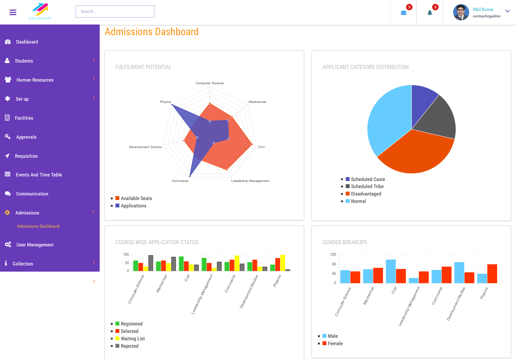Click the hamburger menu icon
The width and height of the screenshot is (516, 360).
point(13,12)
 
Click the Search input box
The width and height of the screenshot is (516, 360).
point(115,11)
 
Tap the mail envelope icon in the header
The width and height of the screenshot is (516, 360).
point(403,13)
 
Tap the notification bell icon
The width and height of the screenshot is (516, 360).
point(430,13)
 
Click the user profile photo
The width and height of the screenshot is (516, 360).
point(461,12)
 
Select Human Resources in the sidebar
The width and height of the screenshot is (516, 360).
point(35,80)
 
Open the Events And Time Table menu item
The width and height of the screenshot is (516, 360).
point(39,175)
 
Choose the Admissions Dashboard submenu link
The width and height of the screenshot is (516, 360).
point(38,226)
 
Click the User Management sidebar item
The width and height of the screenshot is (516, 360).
point(35,245)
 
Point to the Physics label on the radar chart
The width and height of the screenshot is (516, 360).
point(165,102)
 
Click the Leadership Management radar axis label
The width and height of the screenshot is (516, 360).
point(250,181)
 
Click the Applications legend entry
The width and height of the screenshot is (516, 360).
point(133,206)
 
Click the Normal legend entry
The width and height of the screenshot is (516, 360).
point(358,201)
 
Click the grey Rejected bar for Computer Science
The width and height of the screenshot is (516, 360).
point(151,263)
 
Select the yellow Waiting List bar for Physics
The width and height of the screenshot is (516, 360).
point(283,263)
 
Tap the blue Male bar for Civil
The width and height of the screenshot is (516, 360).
point(391,271)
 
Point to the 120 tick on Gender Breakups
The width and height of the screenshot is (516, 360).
point(333,255)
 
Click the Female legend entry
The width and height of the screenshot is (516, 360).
point(335,344)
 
